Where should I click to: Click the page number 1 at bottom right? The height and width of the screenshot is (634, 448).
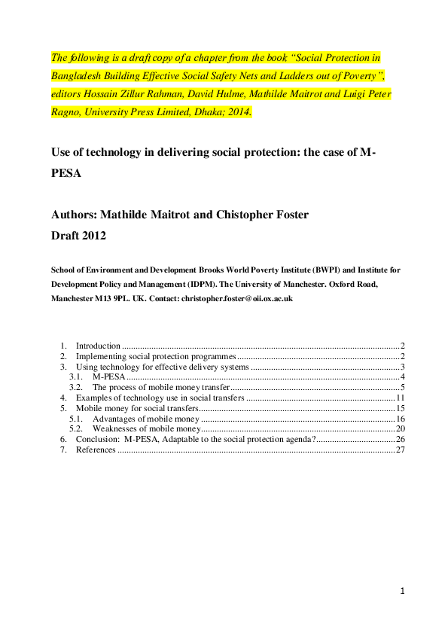402,591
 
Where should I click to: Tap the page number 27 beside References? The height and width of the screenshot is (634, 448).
401,450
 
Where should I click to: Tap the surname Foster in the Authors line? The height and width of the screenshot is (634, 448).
290,215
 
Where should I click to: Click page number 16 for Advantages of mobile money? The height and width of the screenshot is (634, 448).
401,418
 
